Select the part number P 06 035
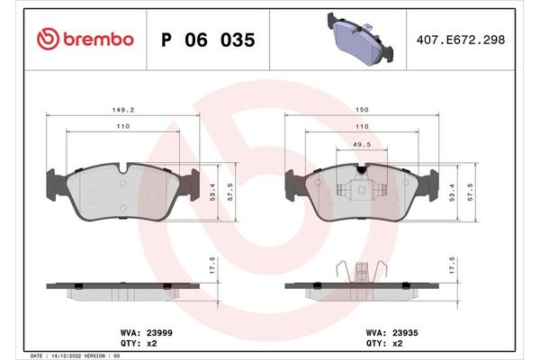pyautogui.click(x=208, y=40)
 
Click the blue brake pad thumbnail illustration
pyautogui.click(x=358, y=39)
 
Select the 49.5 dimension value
pyautogui.click(x=362, y=146)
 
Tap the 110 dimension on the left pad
pyautogui.click(x=122, y=127)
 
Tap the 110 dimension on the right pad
pyautogui.click(x=361, y=127)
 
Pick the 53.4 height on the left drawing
pyautogui.click(x=213, y=192)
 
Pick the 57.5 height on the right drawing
pyautogui.click(x=481, y=192)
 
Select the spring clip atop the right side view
pyautogui.click(x=361, y=270)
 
